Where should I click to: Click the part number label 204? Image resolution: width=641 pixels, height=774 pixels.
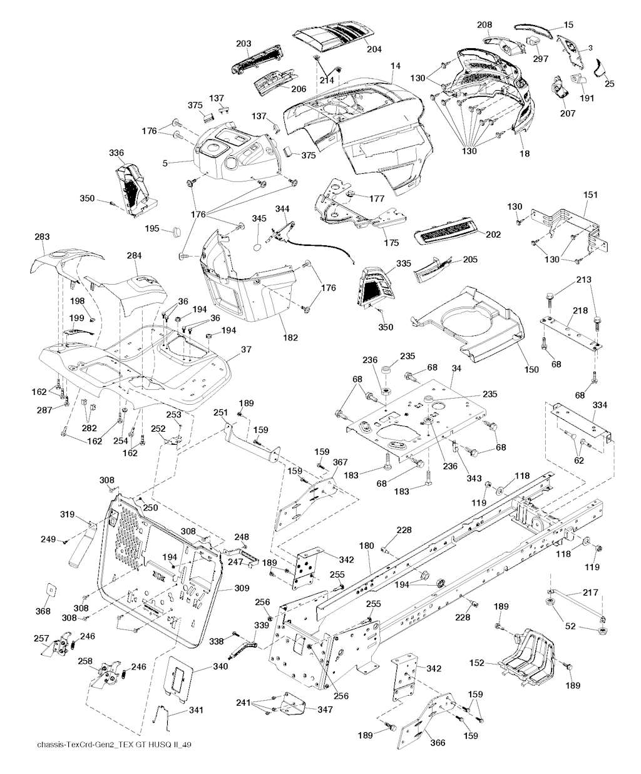click(x=374, y=49)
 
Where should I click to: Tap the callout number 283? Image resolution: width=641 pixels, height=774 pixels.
click(x=42, y=237)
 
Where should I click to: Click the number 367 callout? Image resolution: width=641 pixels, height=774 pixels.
click(x=340, y=462)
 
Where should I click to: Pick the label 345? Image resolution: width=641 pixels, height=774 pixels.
click(x=259, y=218)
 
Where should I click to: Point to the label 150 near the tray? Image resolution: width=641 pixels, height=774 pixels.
click(x=531, y=369)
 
